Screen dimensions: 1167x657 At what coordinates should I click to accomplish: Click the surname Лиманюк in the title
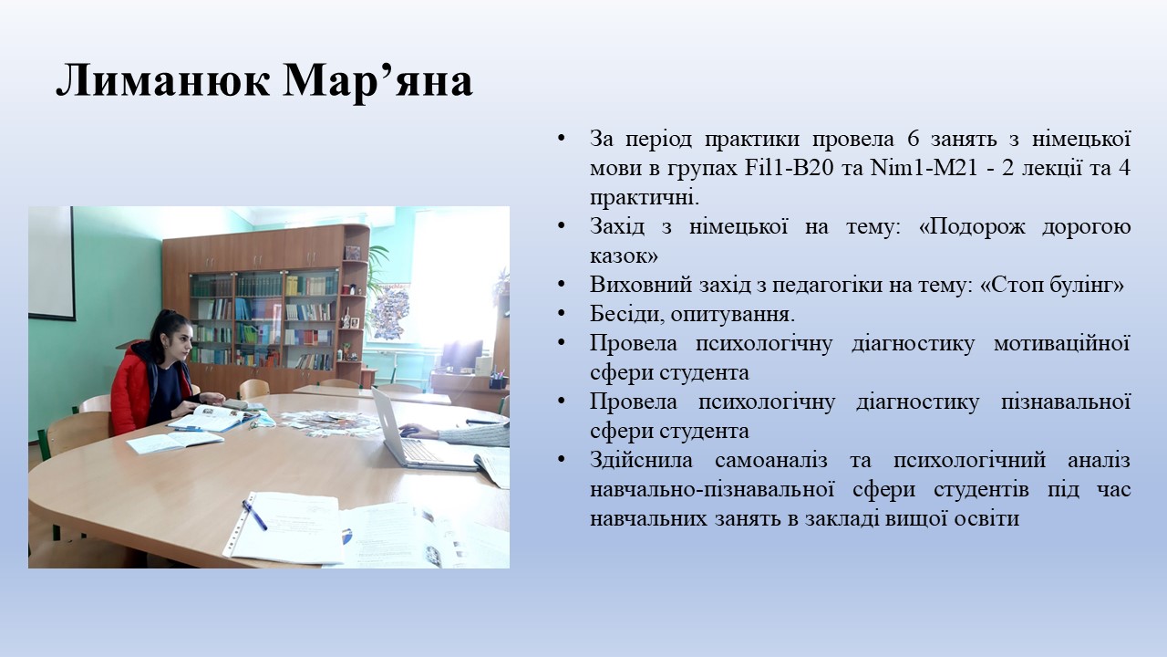point(163,80)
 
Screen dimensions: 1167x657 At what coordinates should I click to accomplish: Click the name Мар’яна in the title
point(378,80)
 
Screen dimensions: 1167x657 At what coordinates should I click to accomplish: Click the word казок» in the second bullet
point(624,256)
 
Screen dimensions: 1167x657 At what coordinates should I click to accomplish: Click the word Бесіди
point(627,315)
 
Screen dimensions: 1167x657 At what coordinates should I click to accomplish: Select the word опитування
point(733,316)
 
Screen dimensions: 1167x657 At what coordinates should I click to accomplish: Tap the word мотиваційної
point(1062,344)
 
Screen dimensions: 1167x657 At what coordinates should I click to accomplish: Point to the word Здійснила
point(641,461)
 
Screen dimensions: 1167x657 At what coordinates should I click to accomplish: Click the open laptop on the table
point(411,433)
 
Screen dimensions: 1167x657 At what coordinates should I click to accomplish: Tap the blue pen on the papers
point(254,515)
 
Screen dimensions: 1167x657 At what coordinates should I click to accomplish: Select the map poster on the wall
point(390,312)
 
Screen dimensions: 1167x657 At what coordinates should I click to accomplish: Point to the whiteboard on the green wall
point(52,264)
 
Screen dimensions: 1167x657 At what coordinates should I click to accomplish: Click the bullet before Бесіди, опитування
point(561,314)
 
